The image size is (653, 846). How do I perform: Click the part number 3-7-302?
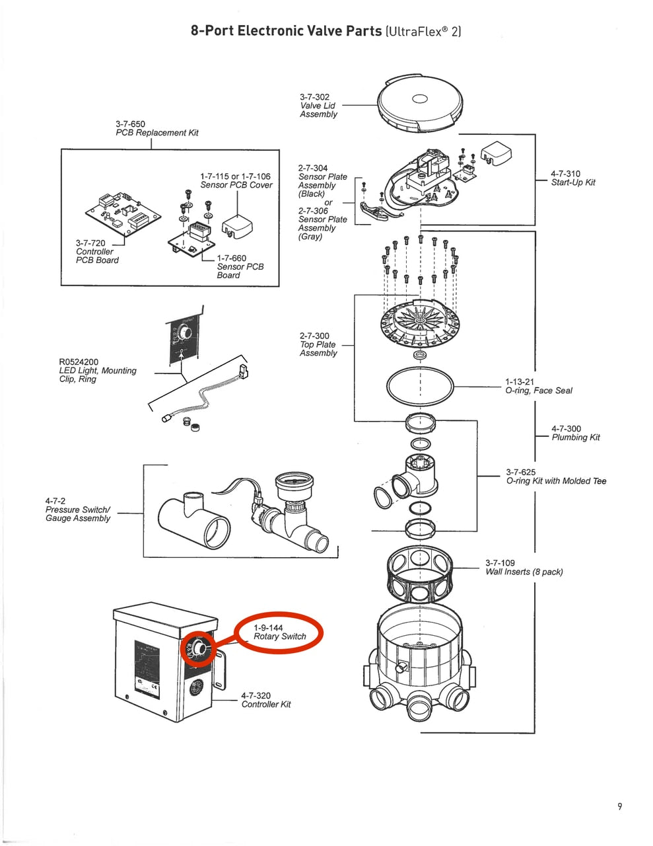click(x=314, y=97)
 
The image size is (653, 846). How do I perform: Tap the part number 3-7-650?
click(x=130, y=124)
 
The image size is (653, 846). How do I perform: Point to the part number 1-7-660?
click(x=231, y=258)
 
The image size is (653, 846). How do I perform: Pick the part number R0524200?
click(x=79, y=362)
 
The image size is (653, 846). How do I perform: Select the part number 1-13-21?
click(x=520, y=382)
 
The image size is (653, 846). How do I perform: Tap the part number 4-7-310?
click(x=566, y=174)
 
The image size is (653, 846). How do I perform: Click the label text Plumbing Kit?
click(x=576, y=438)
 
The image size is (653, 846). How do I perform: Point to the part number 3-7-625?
click(x=521, y=472)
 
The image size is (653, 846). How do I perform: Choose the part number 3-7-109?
click(x=500, y=563)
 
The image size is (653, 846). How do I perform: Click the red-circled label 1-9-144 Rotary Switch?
click(x=280, y=632)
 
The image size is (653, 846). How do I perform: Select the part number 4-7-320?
click(x=256, y=695)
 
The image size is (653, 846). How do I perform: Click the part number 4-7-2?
click(x=55, y=501)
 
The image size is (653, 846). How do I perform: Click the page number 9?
click(x=619, y=806)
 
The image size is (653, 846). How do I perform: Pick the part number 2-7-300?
click(x=314, y=336)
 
